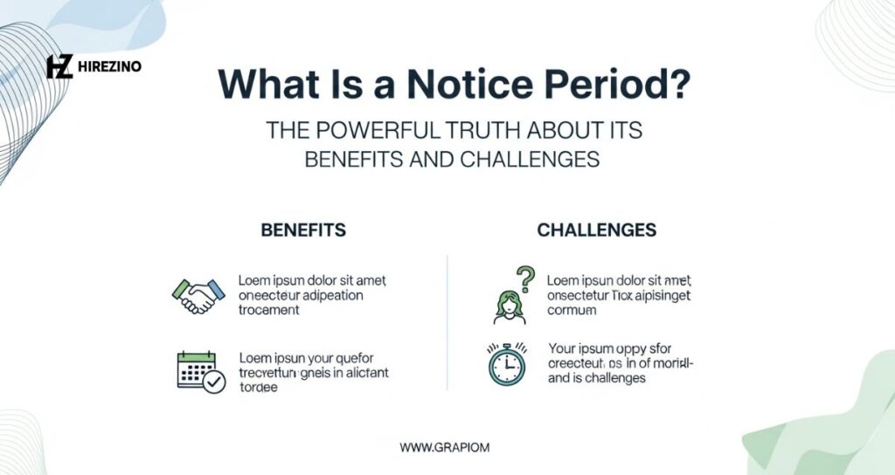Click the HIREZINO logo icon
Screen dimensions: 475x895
[59, 66]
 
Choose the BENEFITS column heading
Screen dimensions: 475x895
[303, 231]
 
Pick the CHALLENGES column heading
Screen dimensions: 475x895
[597, 231]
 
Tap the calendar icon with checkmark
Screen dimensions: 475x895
[198, 370]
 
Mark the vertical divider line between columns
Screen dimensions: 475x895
[447, 323]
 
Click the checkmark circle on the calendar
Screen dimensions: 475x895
[212, 381]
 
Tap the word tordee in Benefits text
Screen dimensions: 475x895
[258, 388]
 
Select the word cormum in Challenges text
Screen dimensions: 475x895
[572, 310]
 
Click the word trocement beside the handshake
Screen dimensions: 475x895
[269, 310]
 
